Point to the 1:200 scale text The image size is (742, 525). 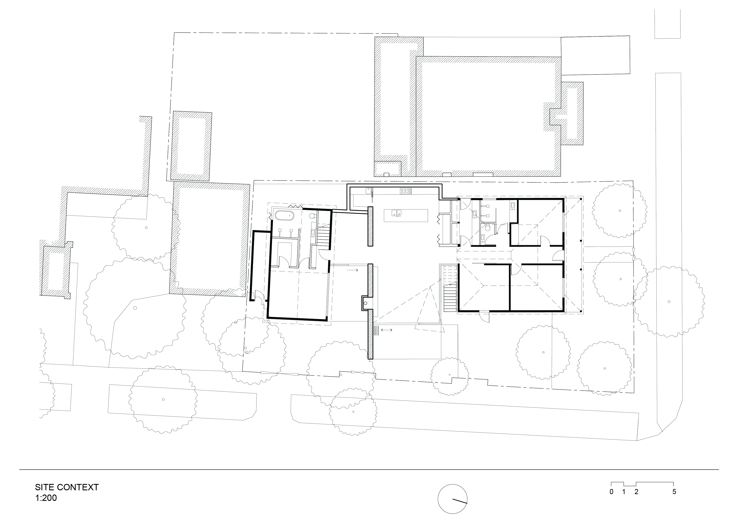(46, 498)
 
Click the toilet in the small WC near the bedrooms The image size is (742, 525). (488, 228)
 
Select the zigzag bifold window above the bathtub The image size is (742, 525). (295, 206)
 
